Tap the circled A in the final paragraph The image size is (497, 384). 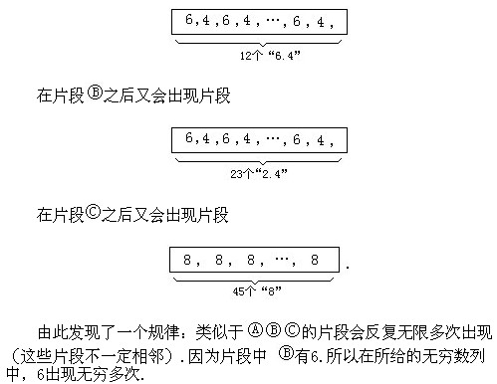click(256, 329)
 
